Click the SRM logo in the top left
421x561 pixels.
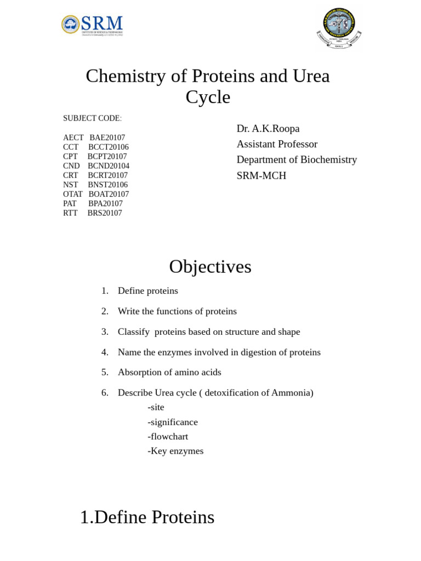92,25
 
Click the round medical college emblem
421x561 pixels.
339,28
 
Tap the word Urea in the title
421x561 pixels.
311,76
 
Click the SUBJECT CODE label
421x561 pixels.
92,118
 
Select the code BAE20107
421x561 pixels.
107,138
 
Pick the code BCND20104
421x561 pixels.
109,166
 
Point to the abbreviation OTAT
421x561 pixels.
73,194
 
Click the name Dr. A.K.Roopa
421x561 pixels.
268,129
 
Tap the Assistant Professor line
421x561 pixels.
277,144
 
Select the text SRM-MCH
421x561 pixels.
261,176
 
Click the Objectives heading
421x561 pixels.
210,267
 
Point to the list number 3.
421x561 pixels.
105,332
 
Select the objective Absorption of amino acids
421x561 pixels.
169,373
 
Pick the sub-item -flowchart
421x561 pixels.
168,437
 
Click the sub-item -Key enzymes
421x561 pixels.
175,451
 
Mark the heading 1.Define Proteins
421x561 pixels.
147,517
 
